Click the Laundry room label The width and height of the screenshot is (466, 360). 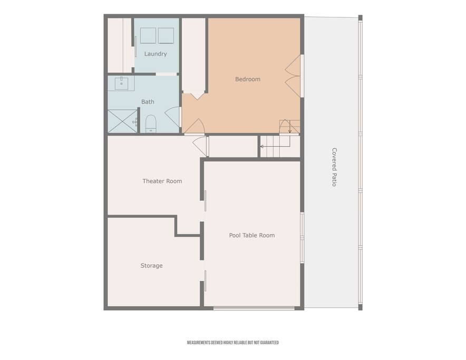click(156, 54)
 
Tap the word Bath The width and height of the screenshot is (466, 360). click(148, 102)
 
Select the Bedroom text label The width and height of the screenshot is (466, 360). click(248, 79)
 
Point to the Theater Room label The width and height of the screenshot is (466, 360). click(162, 181)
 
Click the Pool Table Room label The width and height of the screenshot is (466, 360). click(252, 235)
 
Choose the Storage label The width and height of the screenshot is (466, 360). click(152, 266)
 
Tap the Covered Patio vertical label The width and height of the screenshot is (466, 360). click(334, 167)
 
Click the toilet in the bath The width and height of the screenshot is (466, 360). click(151, 124)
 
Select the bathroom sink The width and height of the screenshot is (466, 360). click(121, 83)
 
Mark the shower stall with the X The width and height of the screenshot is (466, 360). click(122, 121)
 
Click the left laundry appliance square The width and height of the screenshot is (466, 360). click(148, 36)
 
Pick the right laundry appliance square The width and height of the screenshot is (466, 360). click(166, 36)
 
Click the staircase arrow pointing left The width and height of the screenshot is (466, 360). click(275, 146)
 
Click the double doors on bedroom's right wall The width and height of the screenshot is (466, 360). click(293, 76)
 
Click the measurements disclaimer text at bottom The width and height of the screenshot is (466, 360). click(232, 343)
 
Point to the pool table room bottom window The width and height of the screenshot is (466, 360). click(254, 308)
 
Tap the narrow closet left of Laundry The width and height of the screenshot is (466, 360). click(120, 45)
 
